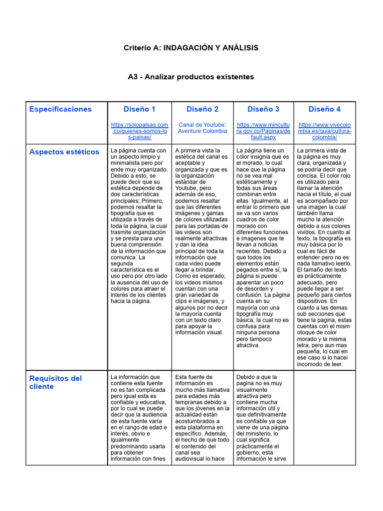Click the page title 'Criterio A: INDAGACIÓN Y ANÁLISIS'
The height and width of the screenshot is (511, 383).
[x=191, y=48]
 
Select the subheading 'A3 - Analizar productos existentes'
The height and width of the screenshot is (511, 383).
[x=191, y=77]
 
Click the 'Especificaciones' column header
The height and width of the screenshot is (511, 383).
[x=60, y=109]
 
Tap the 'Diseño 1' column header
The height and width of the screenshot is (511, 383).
[x=139, y=109]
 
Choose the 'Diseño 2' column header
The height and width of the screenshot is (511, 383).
[x=202, y=109]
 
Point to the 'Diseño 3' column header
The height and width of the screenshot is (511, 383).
[x=263, y=109]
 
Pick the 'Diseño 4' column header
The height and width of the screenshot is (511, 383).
[x=325, y=109]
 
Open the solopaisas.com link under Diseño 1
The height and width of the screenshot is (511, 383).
[x=139, y=131]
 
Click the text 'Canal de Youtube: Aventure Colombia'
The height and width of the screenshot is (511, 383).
[x=202, y=128]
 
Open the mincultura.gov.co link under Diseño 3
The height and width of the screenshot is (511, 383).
[x=263, y=131]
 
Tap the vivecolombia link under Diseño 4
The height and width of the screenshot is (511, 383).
[x=325, y=131]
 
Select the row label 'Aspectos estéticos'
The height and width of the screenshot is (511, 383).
[x=64, y=152]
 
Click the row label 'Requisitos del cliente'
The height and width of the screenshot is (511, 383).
[x=55, y=382]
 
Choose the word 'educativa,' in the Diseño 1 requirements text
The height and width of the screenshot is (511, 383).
[x=150, y=402]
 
